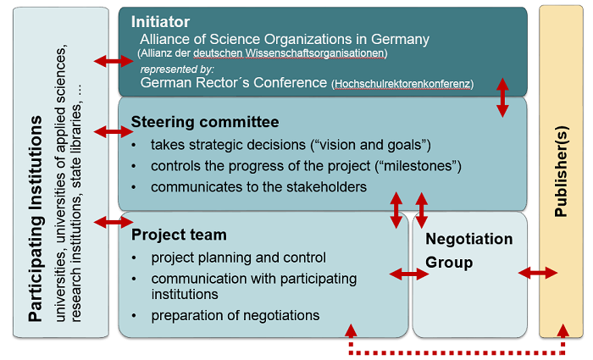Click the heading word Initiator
[x=160, y=22]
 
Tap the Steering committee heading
[x=205, y=122]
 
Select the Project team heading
[x=179, y=235]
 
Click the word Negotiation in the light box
[x=469, y=239]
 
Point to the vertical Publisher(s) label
[x=561, y=171]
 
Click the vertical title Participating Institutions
[x=36, y=219]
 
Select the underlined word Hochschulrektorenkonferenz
[x=402, y=84]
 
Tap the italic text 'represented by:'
[x=177, y=69]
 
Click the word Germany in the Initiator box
[x=400, y=39]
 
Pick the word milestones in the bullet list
[x=418, y=166]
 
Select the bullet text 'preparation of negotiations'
[x=236, y=315]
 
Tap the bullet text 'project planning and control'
[x=239, y=258]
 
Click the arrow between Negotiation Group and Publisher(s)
[x=537, y=273]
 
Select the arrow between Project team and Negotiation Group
[x=409, y=274]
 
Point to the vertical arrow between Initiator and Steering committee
[x=502, y=97]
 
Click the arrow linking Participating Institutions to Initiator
[x=114, y=60]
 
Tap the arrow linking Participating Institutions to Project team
[x=114, y=222]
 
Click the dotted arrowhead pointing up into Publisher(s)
[x=563, y=330]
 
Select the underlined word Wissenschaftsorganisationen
[x=314, y=53]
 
